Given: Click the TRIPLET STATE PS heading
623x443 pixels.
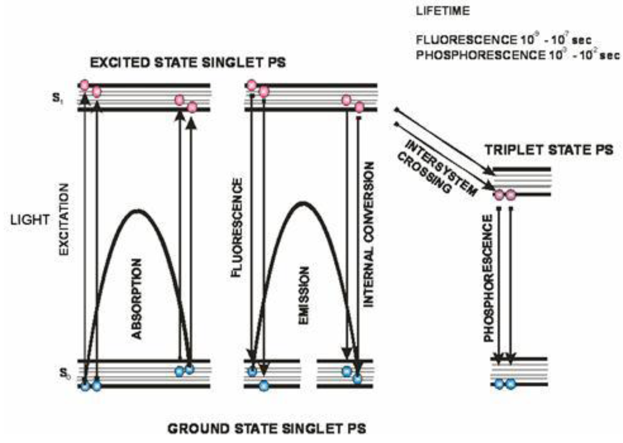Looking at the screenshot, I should pyautogui.click(x=548, y=149).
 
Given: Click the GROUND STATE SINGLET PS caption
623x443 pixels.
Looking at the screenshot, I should pyautogui.click(x=267, y=429).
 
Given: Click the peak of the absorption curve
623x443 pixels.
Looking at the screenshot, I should pyautogui.click(x=139, y=211).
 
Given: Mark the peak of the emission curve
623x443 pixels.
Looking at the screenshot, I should pyautogui.click(x=302, y=202).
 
